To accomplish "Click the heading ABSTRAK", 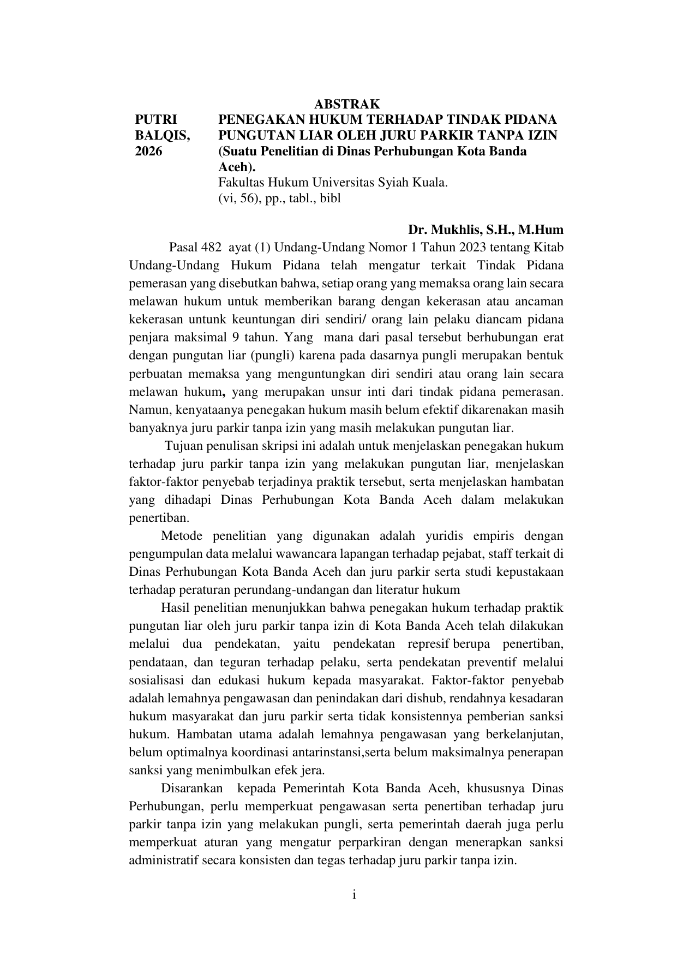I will [346, 104].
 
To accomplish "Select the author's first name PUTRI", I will [156, 119].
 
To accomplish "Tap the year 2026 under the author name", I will [148, 151].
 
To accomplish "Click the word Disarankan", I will [191, 789].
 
